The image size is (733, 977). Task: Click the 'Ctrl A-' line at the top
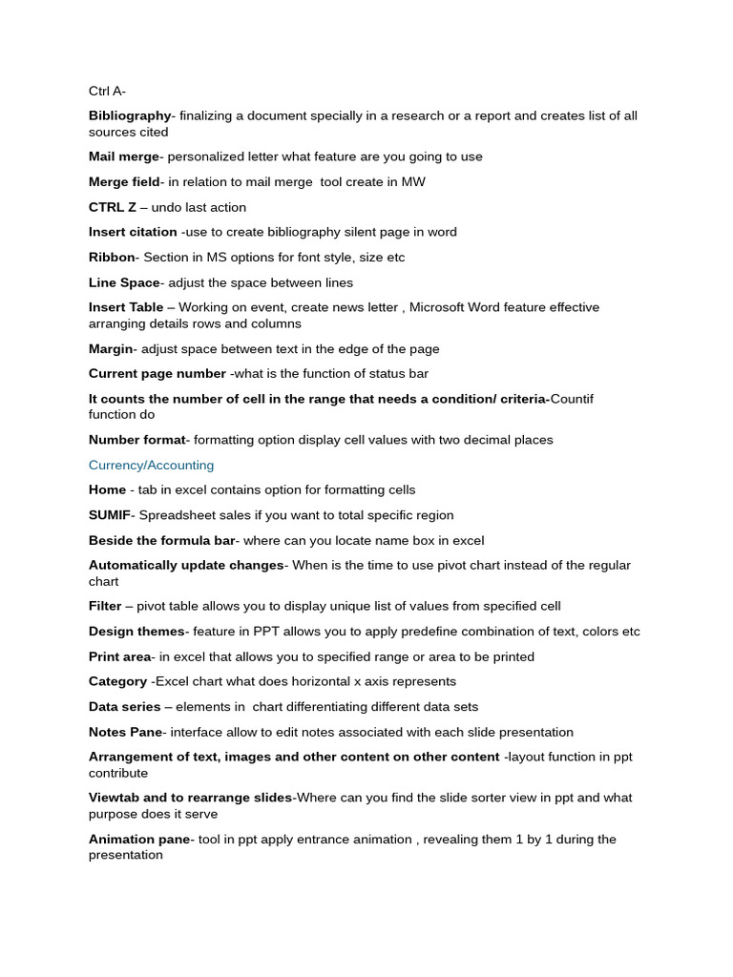pos(107,91)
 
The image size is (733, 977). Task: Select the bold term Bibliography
pos(130,115)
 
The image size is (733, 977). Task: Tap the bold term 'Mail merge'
pos(124,156)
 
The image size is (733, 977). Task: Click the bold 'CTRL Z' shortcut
pos(113,207)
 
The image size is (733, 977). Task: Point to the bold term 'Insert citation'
pos(133,232)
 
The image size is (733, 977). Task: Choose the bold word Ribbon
pos(112,258)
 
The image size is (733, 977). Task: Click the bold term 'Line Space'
pos(124,282)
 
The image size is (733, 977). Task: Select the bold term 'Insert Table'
pos(126,307)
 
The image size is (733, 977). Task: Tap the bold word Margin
pos(111,349)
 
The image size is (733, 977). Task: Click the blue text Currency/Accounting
pos(151,466)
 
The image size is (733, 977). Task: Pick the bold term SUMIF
pos(109,515)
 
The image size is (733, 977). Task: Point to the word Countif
pos(572,399)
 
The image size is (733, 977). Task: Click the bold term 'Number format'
pos(136,440)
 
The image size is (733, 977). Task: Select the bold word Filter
pos(105,606)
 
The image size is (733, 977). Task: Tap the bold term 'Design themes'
pos(136,632)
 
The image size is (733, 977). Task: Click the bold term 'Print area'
pos(120,656)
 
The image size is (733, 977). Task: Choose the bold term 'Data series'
pos(124,707)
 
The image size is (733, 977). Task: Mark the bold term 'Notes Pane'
pos(125,732)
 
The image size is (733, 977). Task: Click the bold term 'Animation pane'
pos(139,840)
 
